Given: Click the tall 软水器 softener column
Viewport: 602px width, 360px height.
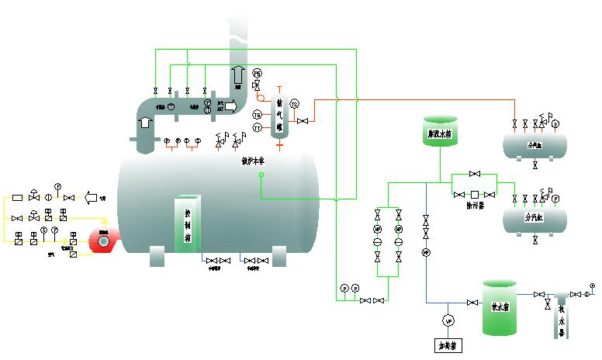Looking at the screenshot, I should click(562, 318).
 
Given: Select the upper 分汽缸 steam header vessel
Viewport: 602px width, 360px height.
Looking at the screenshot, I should click(535, 144).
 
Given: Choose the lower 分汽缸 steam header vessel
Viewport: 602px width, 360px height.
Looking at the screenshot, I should click(535, 220).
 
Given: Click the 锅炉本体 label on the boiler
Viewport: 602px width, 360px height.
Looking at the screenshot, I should click(254, 161).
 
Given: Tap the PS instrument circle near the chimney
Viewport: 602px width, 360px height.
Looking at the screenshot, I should click(258, 73).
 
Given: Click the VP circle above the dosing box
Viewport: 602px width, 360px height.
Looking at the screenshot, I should click(448, 320).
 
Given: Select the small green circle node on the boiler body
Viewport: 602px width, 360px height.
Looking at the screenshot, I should click(261, 175).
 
